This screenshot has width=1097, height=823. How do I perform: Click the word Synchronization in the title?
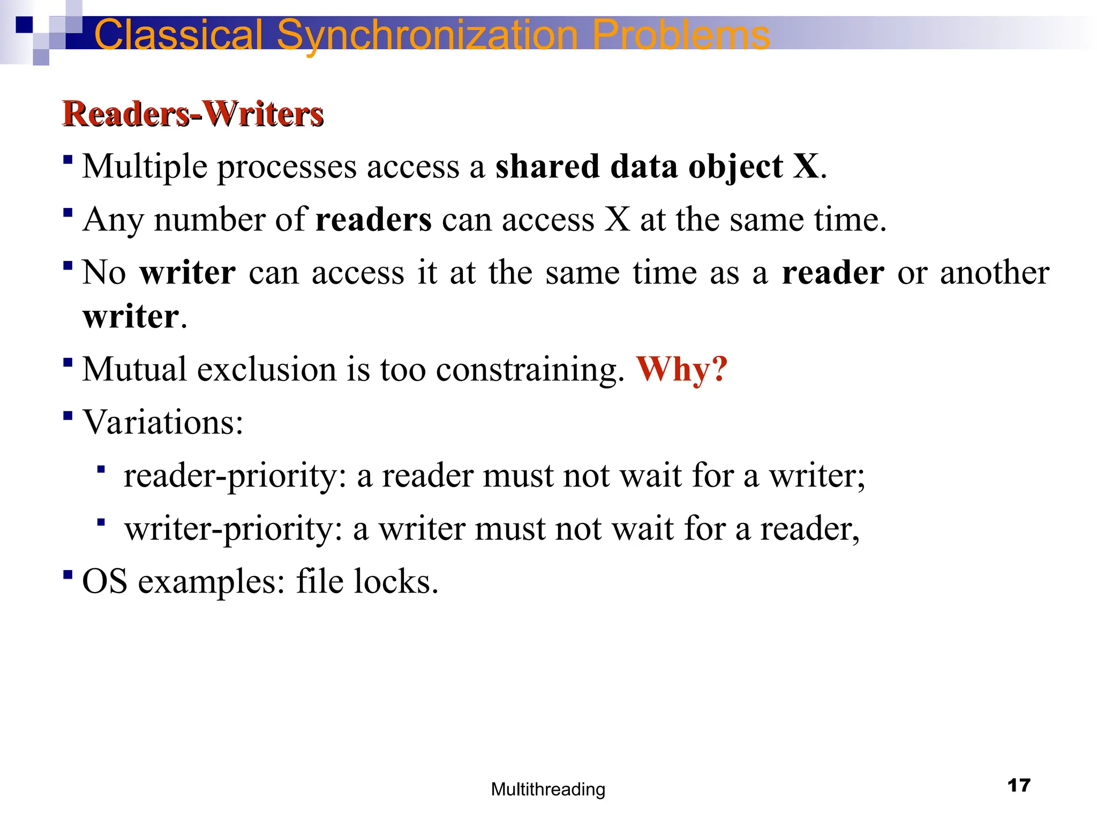coord(427,35)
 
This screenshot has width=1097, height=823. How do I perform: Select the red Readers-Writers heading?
coord(193,114)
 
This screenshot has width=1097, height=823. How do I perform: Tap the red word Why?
coord(681,369)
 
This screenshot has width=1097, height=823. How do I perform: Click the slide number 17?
coord(1019,785)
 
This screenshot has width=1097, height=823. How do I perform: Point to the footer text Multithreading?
coord(548,789)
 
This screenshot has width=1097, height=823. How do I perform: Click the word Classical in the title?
coord(178,35)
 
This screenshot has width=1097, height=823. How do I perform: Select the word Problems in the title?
coord(681,35)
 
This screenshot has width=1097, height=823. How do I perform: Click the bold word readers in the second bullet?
coord(373,220)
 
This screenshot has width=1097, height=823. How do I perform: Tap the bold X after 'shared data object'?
coord(806,167)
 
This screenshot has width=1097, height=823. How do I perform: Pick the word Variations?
coord(163,422)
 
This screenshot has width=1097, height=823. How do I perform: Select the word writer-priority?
coord(234,529)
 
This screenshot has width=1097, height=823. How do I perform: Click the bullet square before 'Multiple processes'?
coord(67,160)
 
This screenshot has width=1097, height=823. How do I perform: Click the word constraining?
coord(530,370)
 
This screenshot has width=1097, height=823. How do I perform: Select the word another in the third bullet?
coord(994,273)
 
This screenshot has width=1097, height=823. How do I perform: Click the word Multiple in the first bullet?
coord(145,167)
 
